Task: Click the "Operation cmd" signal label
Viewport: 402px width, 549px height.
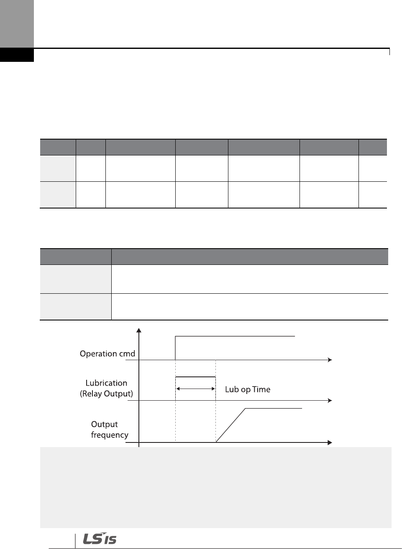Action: tap(107, 354)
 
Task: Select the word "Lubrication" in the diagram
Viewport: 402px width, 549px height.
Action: tap(106, 383)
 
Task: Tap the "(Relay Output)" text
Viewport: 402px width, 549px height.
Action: tap(106, 394)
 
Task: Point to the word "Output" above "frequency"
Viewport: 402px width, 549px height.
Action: tap(104, 424)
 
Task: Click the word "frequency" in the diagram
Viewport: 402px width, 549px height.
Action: tap(110, 435)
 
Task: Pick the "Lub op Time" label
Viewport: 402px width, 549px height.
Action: tap(248, 389)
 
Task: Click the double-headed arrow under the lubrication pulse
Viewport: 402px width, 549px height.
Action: tap(195, 389)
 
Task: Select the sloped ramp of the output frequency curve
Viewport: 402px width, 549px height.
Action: tap(230, 425)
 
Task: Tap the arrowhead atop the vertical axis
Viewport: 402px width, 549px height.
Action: tap(139, 330)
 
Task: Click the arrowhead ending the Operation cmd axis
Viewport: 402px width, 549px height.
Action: tap(330, 360)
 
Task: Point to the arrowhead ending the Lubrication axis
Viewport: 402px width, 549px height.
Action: tap(330, 401)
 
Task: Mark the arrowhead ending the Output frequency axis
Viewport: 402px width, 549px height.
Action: tap(330, 442)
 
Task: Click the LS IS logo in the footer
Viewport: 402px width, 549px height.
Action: tap(100, 539)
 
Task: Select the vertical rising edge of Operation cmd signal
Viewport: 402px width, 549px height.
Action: tap(175, 348)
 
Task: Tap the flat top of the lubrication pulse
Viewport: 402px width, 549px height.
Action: tap(195, 377)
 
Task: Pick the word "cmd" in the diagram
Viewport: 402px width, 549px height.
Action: tap(127, 354)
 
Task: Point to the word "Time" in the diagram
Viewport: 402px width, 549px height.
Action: tap(261, 389)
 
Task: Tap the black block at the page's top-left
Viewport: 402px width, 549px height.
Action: tap(17, 55)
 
